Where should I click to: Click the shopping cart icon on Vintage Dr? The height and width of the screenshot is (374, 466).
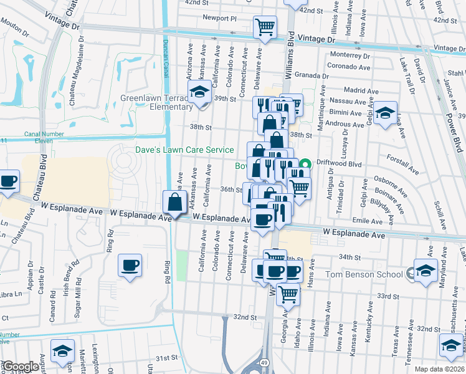(x=265, y=27)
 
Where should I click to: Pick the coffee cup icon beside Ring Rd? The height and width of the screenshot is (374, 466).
(x=130, y=265)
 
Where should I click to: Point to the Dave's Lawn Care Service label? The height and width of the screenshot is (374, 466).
(x=185, y=150)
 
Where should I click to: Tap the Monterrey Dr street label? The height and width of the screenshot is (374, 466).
(x=349, y=55)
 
